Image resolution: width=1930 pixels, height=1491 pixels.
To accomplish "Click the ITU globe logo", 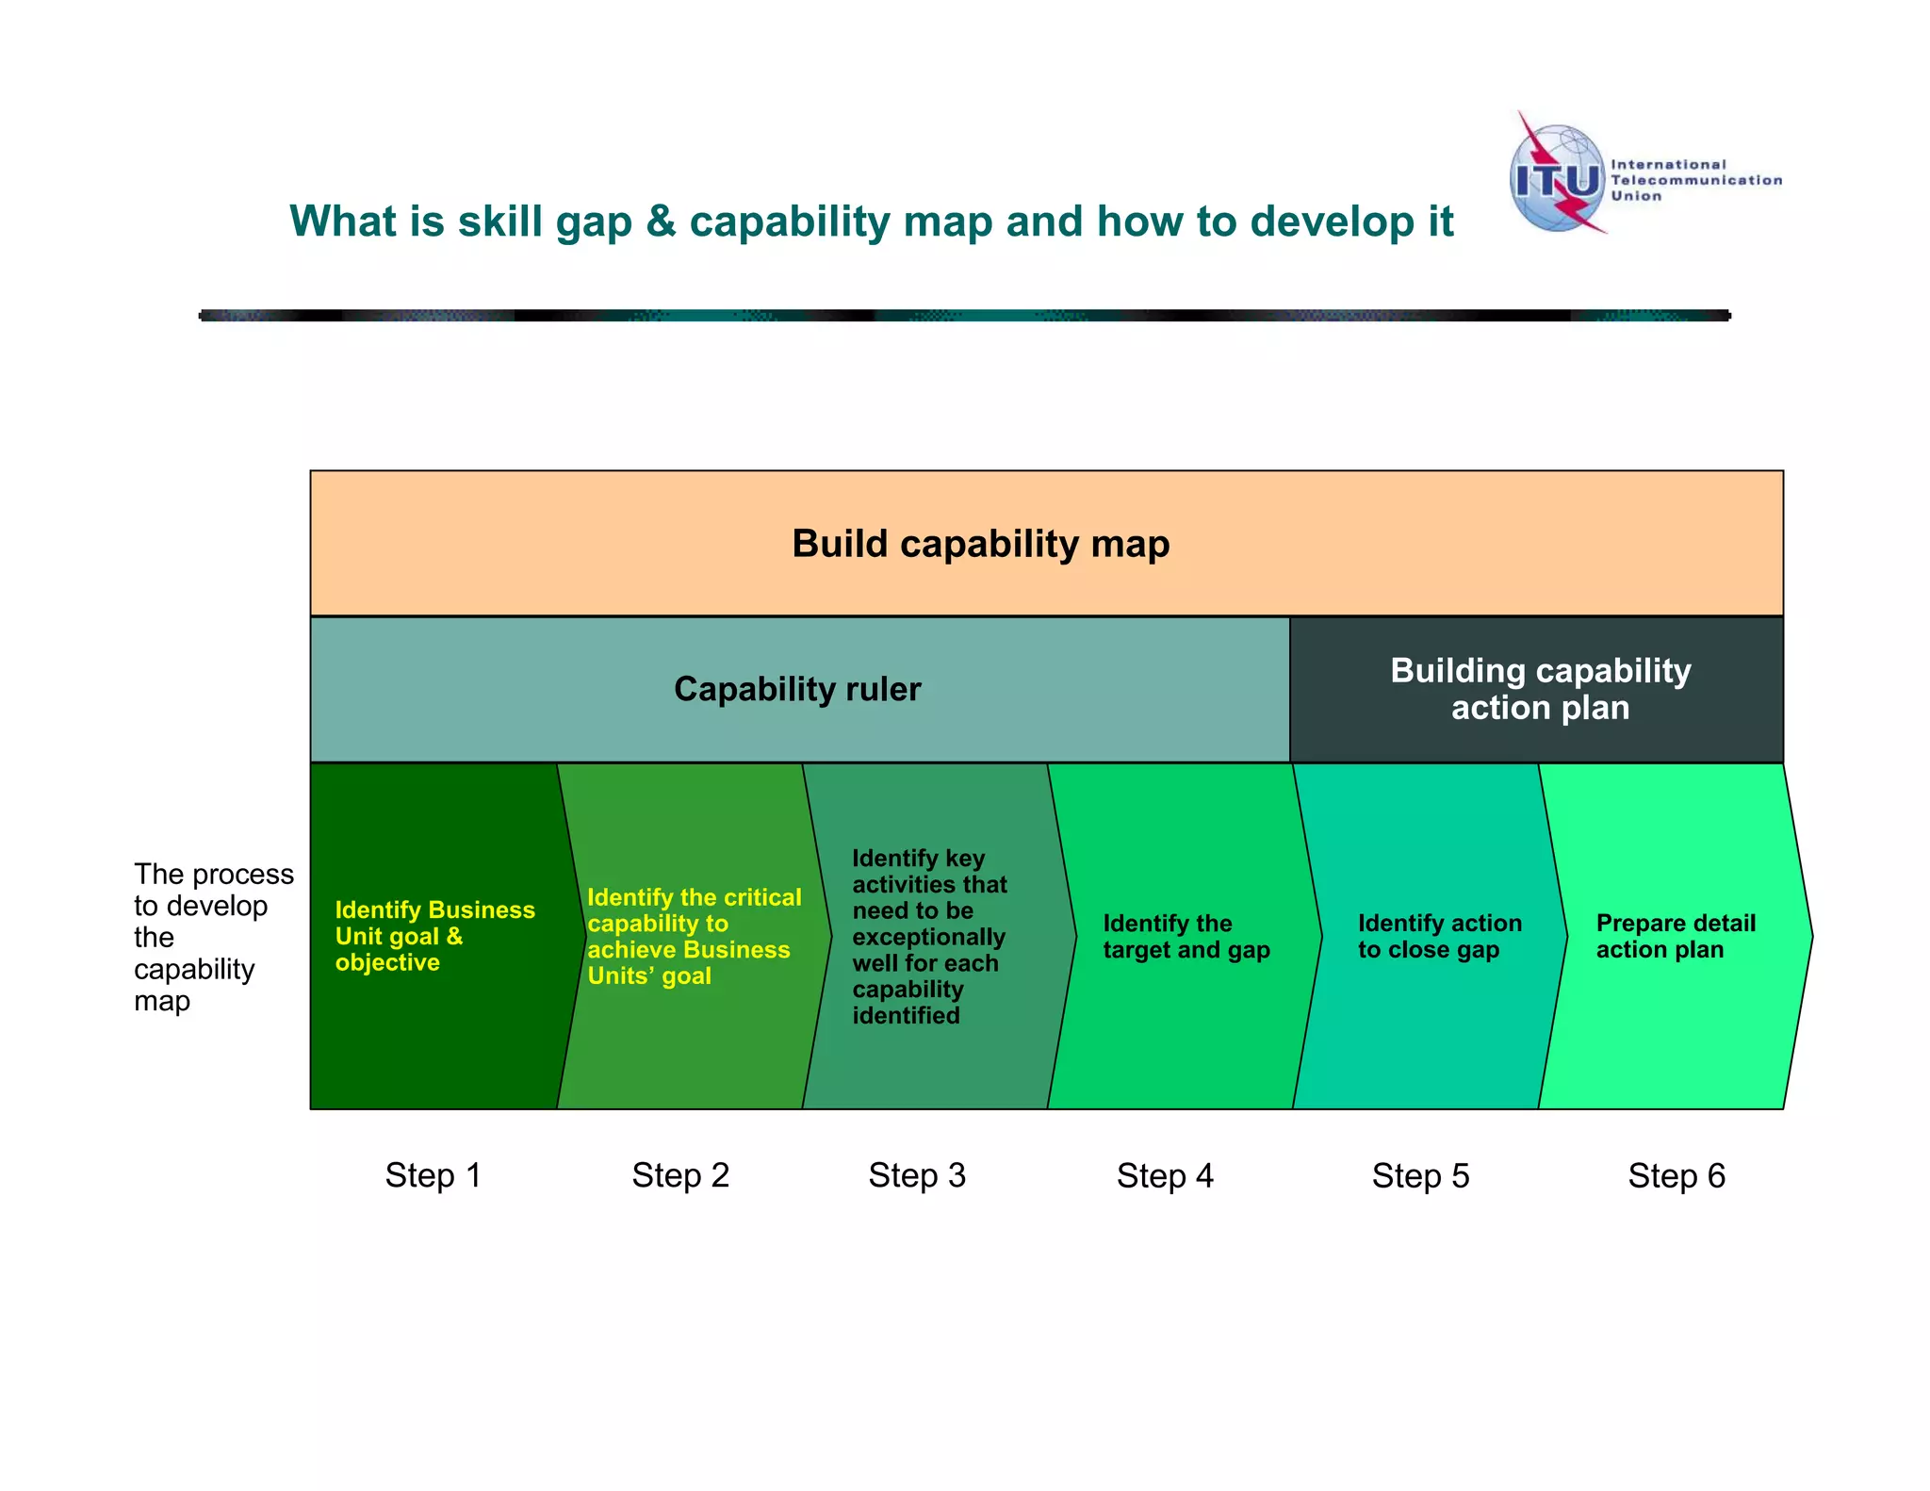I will coord(1557,177).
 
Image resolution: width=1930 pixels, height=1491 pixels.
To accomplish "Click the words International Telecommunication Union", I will coord(1694,180).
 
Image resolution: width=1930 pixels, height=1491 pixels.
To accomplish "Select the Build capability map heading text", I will coord(980,544).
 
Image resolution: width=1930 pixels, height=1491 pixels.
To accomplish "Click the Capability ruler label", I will coord(797,689).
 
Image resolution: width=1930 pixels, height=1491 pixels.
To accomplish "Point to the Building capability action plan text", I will coord(1540,689).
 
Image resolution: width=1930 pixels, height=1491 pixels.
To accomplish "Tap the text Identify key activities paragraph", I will coord(928,936).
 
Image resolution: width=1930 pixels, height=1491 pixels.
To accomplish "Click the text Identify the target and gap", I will coord(1186,936).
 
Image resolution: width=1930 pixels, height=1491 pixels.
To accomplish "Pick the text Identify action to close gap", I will coord(1439,936).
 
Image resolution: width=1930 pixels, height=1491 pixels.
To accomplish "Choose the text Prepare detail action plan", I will coord(1675,936).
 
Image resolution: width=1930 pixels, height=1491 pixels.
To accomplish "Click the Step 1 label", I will coord(433,1175).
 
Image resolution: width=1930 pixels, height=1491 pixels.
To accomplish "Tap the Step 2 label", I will coord(680,1175).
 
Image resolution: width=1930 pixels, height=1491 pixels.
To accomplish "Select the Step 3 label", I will coord(917,1175).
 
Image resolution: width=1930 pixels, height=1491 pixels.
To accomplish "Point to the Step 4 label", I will coord(1165,1175).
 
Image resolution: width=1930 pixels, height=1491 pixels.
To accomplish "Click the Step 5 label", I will coord(1420,1175).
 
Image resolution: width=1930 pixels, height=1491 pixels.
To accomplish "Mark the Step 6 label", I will coord(1676,1175).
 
